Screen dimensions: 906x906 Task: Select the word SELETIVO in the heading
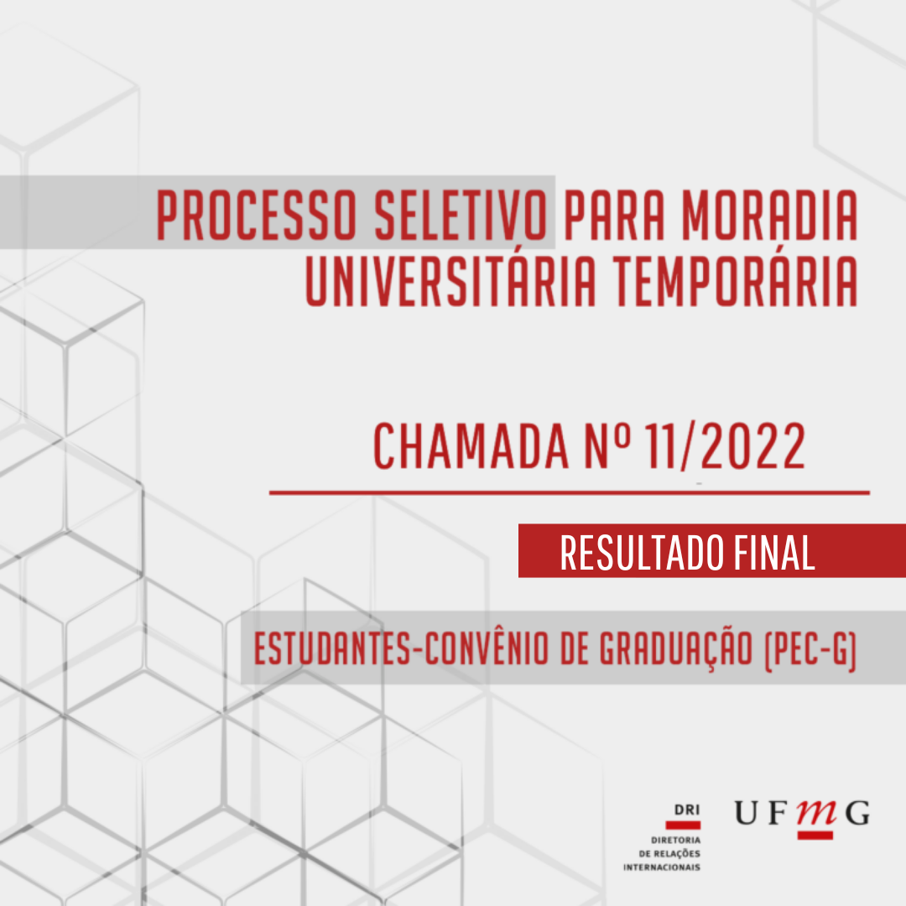tap(461, 215)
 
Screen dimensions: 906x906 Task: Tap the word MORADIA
tap(769, 215)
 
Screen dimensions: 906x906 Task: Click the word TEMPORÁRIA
tap(736, 281)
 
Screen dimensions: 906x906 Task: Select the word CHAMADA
tap(471, 445)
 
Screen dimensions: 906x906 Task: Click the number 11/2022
tap(725, 445)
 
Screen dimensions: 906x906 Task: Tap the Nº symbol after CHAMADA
tap(607, 445)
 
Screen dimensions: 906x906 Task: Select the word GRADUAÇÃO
tap(676, 649)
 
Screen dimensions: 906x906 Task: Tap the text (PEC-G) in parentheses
tap(810, 649)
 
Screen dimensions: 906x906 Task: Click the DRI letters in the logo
tap(687, 810)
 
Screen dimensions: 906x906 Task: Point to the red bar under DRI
tap(683, 825)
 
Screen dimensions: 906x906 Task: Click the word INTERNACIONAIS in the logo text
tap(662, 867)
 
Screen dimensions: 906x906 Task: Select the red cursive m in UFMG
tap(817, 813)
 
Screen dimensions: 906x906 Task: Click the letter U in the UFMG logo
tap(747, 813)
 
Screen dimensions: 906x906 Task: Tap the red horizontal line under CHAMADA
tap(570, 493)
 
